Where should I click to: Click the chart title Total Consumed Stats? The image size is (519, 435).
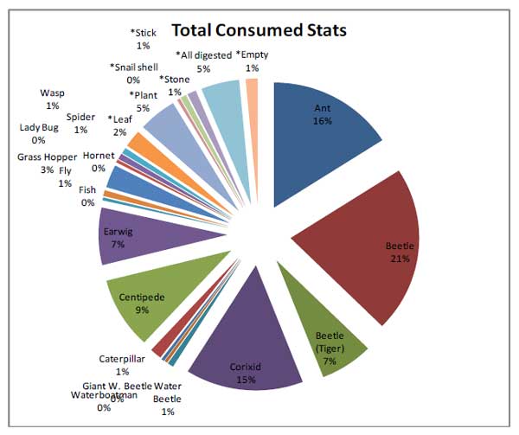pyautogui.click(x=259, y=30)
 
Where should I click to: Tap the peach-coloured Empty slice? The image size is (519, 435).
pyautogui.click(x=252, y=90)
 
